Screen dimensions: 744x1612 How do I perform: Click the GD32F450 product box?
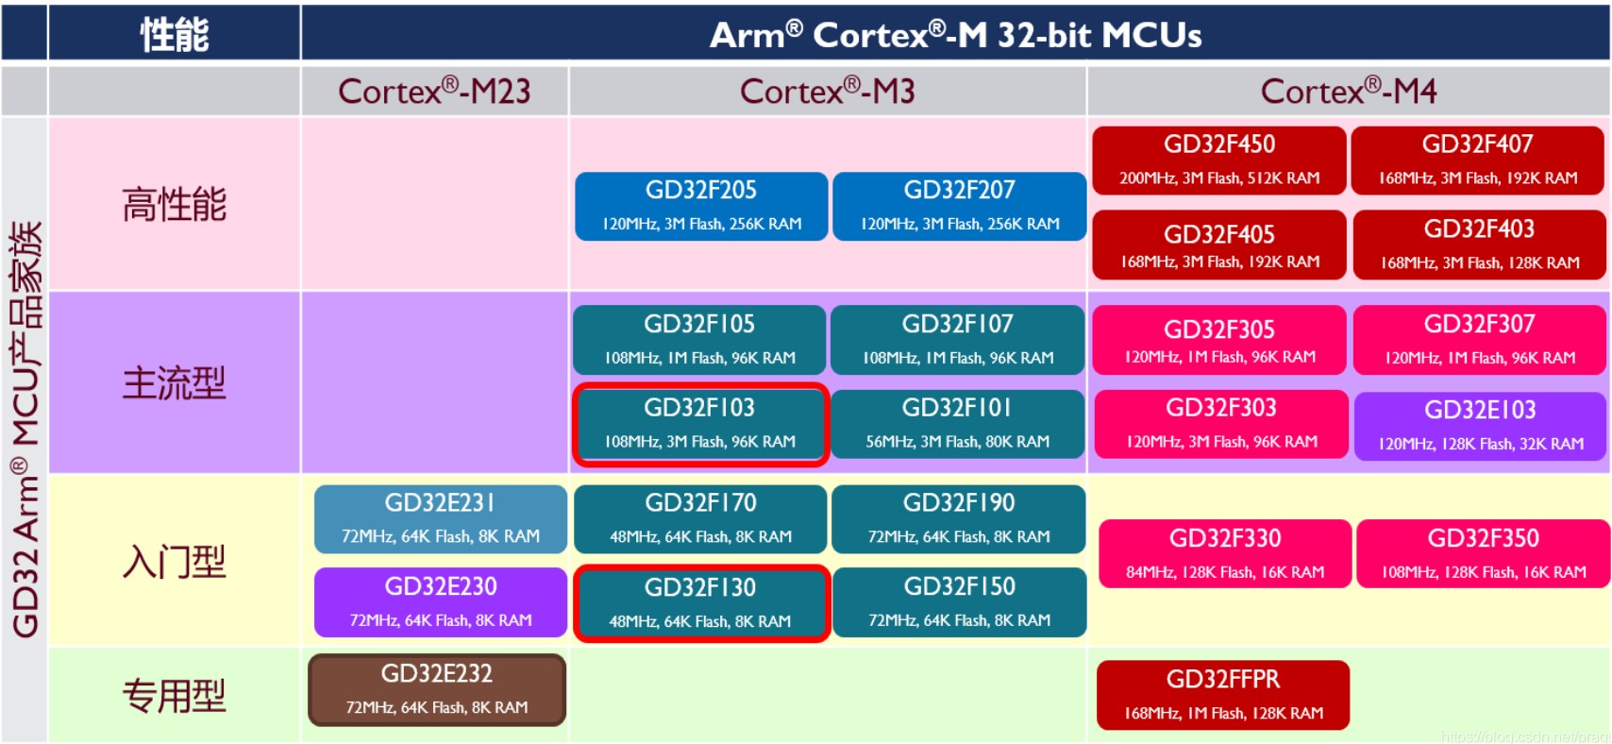[1219, 161]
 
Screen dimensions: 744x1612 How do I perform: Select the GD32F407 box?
[1478, 161]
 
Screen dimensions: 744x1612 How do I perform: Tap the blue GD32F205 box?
[701, 206]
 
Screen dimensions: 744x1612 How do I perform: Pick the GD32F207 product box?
[959, 206]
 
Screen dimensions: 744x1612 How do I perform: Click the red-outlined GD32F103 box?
[700, 424]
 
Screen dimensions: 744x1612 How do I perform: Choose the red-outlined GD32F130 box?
[700, 603]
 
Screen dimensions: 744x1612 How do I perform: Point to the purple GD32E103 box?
[1480, 426]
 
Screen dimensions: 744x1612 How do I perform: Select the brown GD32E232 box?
[437, 689]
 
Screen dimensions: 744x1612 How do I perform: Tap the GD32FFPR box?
[1223, 695]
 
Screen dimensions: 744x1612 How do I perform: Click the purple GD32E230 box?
[441, 602]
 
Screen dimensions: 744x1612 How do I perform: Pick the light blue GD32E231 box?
[441, 518]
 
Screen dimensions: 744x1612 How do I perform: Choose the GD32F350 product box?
[1483, 553]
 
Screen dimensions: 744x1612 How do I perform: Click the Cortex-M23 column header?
[434, 92]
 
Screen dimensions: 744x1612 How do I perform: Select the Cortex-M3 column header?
[827, 92]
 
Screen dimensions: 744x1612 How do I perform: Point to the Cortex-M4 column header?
[1348, 92]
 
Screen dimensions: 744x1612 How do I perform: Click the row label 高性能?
[175, 205]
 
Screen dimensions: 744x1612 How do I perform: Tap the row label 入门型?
[175, 562]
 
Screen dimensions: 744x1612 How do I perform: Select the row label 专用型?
[175, 696]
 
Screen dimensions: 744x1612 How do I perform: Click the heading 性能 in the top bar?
[175, 35]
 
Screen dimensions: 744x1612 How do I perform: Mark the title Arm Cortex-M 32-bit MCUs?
[955, 35]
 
